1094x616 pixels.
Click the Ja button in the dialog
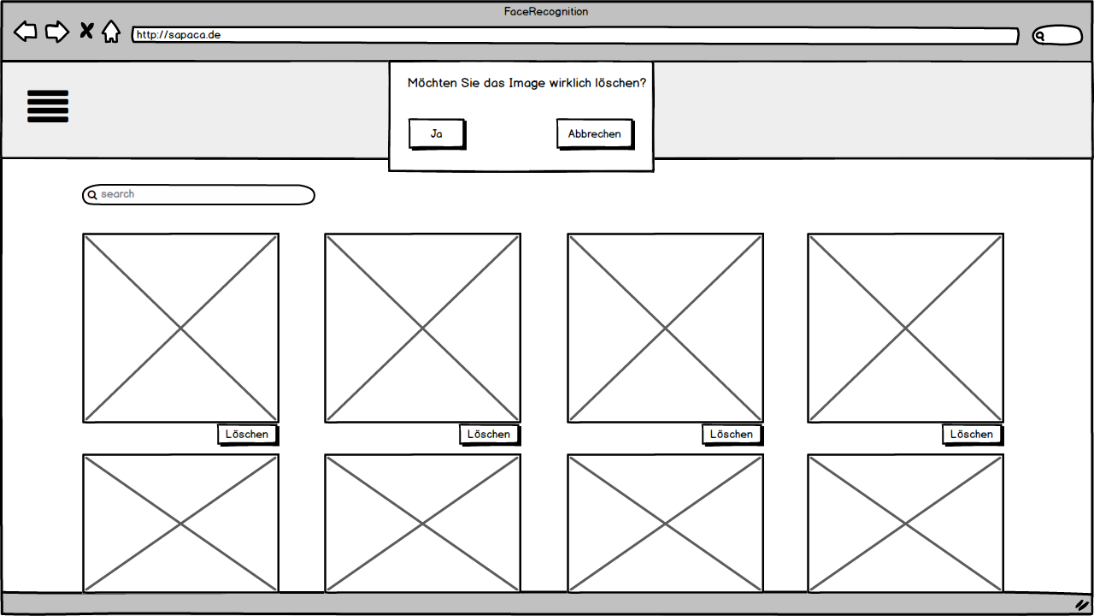tap(437, 134)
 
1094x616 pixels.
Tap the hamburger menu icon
tap(48, 106)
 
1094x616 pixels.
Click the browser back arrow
tap(26, 33)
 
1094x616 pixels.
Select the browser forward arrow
tap(56, 33)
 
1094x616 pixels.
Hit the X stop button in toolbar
tap(86, 32)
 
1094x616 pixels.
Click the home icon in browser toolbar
tap(111, 33)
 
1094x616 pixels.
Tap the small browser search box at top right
tap(1057, 36)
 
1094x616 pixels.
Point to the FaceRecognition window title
tap(546, 12)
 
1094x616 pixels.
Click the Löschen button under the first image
tap(247, 435)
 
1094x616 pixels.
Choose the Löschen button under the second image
tap(489, 435)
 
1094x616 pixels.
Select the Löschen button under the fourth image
tap(972, 435)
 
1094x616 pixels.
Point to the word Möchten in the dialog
tap(432, 83)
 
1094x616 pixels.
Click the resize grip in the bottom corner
tap(1081, 605)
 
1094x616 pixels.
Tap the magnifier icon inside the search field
tap(92, 195)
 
